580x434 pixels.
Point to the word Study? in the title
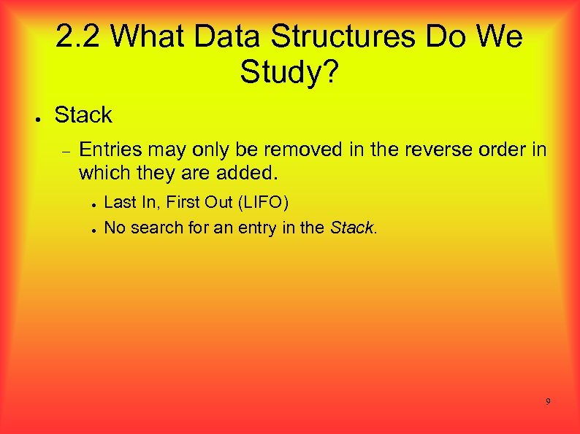coord(289,72)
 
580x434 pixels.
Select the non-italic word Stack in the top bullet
coord(83,115)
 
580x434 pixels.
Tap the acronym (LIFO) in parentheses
coord(261,202)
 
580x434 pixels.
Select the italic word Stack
coord(351,227)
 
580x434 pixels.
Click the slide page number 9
coord(548,402)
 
